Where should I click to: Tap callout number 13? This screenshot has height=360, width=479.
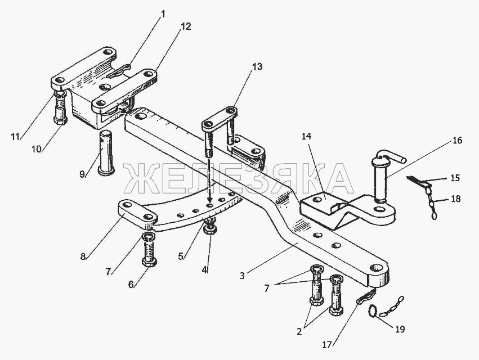click(x=257, y=66)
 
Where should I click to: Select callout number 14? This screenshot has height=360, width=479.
click(x=306, y=137)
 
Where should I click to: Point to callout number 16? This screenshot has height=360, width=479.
click(x=457, y=141)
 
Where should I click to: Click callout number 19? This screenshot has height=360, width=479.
click(x=400, y=329)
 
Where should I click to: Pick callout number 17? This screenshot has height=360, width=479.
click(x=327, y=345)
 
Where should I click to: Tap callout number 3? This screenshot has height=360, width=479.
click(x=242, y=276)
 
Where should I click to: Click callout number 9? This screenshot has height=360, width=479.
click(x=82, y=174)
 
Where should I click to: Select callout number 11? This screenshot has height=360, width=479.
click(x=15, y=137)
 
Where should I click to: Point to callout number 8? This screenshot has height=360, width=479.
click(x=83, y=256)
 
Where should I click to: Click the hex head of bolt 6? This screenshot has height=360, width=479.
click(x=149, y=262)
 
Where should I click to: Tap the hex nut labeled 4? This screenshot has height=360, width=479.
click(x=210, y=229)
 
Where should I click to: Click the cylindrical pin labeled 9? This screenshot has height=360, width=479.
click(x=106, y=152)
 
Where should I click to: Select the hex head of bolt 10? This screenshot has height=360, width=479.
click(x=60, y=120)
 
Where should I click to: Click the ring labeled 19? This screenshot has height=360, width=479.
click(x=373, y=311)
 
